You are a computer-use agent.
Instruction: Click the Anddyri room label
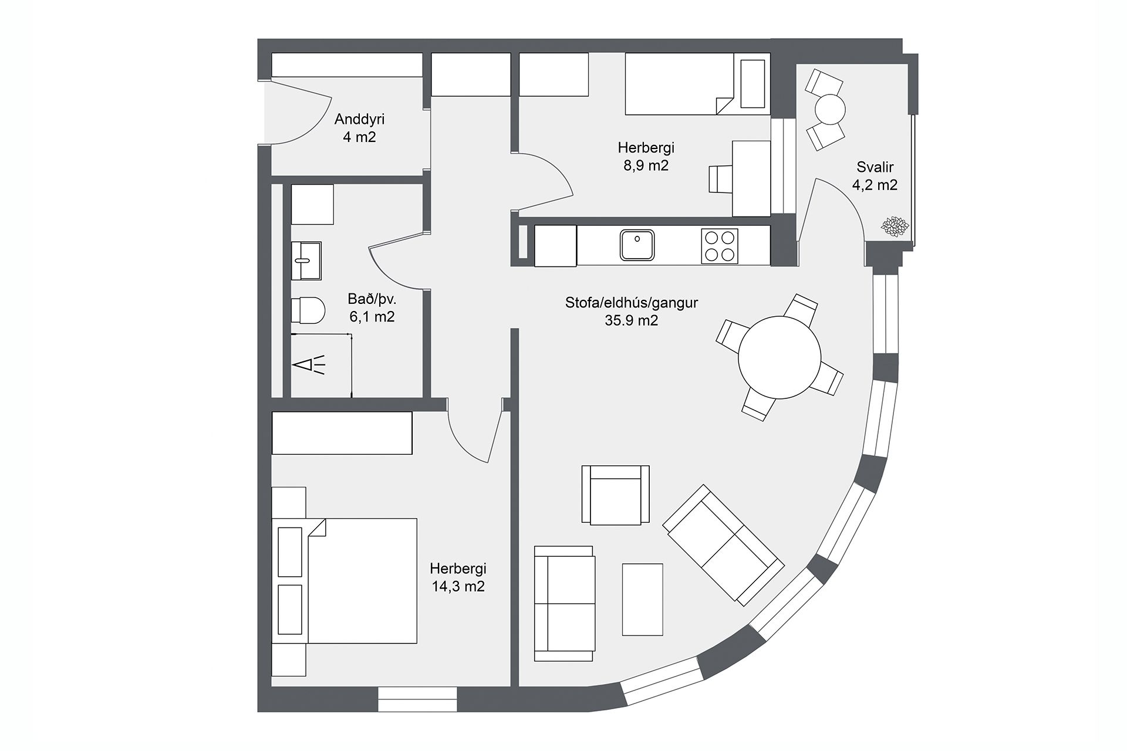[359, 120]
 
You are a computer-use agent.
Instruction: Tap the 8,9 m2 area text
[646, 165]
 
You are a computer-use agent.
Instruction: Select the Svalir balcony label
[875, 167]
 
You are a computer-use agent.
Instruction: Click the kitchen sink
[637, 245]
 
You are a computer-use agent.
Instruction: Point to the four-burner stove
[720, 246]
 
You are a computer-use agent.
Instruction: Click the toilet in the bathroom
[308, 310]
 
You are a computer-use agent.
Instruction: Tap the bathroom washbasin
[306, 261]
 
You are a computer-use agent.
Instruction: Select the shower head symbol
[309, 366]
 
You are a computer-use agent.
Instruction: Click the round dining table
[780, 357]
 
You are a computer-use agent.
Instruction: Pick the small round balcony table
[829, 109]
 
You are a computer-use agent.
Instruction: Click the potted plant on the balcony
[895, 226]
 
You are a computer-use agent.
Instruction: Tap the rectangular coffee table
[642, 600]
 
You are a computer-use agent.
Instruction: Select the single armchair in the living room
[615, 495]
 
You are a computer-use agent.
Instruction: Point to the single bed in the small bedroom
[697, 84]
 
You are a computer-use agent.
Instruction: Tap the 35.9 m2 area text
[632, 321]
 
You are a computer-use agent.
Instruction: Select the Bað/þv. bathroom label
[372, 299]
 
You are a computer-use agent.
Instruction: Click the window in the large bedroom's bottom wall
[417, 699]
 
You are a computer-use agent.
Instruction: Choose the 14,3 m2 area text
[458, 586]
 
